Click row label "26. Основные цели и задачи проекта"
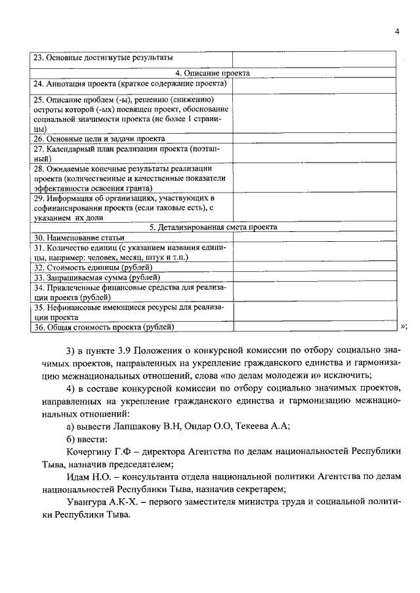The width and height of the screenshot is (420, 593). pos(98,139)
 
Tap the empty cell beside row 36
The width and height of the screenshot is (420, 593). pos(314,326)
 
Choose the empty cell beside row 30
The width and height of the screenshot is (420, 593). pos(314,237)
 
